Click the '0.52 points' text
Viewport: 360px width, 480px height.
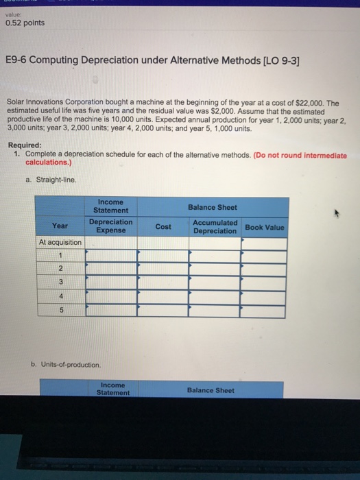point(25,23)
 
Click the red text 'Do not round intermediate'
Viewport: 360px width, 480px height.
point(302,155)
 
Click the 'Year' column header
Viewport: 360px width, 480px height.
point(60,226)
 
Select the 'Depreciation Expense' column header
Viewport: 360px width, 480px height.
point(110,226)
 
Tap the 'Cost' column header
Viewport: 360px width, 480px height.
point(163,226)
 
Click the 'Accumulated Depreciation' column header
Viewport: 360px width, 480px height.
point(215,226)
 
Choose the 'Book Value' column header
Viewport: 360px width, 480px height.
point(264,227)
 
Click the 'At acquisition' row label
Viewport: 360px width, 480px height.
point(60,243)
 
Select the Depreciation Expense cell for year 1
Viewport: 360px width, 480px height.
point(110,256)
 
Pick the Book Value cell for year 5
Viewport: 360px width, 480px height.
point(264,311)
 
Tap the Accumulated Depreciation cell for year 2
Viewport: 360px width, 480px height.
point(215,270)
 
